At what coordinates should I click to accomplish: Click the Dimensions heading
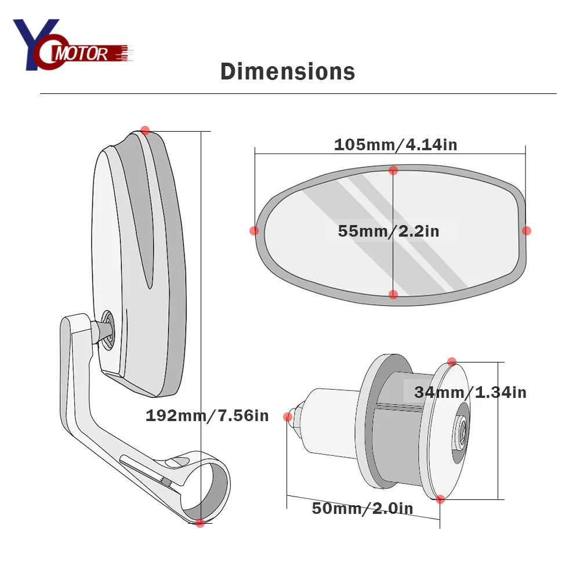pos(288,71)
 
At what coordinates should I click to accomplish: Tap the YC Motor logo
pos(73,45)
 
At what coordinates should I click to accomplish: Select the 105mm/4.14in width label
pos(396,144)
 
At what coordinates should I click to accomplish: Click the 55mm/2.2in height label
pos(389,231)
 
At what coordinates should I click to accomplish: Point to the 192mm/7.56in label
pos(207,416)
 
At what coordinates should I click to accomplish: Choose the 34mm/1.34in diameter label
pos(470,393)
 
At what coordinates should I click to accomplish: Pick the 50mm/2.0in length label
pos(362,508)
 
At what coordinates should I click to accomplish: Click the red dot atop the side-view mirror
pos(145,130)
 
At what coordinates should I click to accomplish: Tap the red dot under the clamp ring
pos(200,523)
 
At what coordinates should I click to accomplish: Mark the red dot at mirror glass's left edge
pos(254,231)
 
